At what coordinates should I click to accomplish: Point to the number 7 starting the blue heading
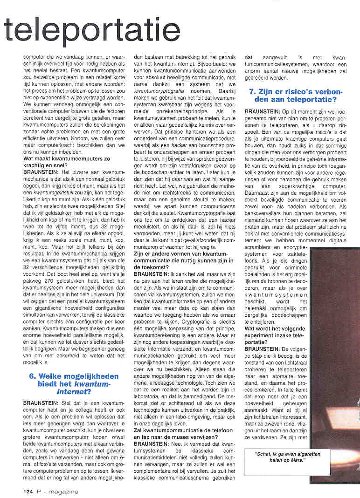tap(252, 92)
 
